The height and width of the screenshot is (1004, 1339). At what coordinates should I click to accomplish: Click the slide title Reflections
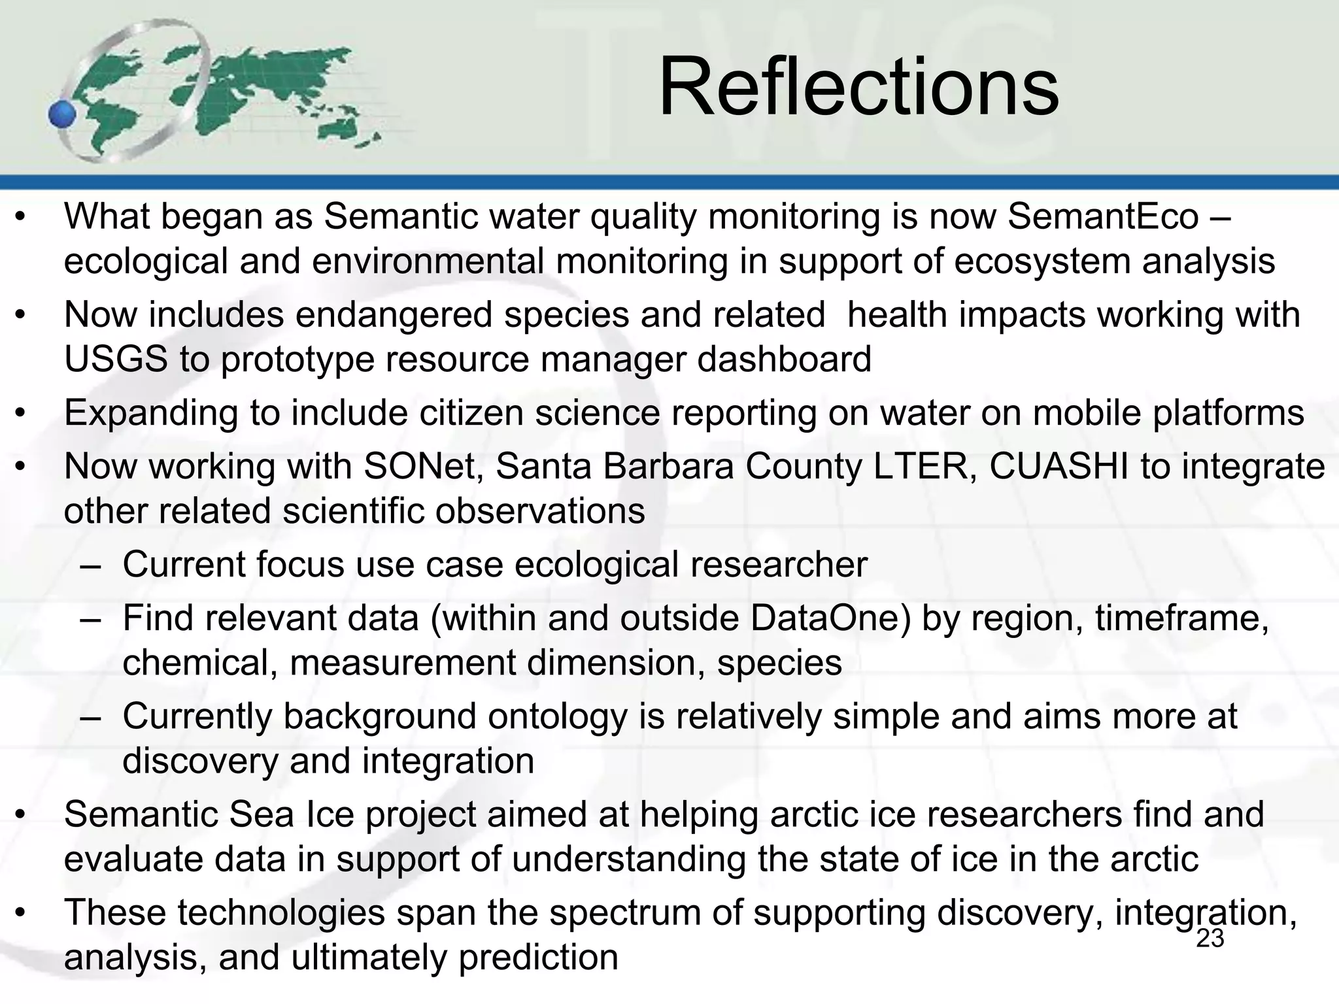pyautogui.click(x=858, y=88)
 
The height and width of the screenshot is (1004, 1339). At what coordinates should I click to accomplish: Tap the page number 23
pyautogui.click(x=1210, y=939)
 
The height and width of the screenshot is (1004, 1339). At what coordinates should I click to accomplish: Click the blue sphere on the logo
pyautogui.click(x=63, y=115)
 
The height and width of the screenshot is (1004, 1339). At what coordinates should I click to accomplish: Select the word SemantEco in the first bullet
pyautogui.click(x=1103, y=217)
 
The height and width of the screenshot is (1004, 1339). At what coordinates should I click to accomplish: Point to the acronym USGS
pyautogui.click(x=116, y=359)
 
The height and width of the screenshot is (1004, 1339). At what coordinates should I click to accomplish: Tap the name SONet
pyautogui.click(x=423, y=467)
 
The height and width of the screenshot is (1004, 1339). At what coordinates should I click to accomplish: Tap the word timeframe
pyautogui.click(x=1181, y=618)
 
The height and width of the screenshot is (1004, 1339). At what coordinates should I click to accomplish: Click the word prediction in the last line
pyautogui.click(x=538, y=957)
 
